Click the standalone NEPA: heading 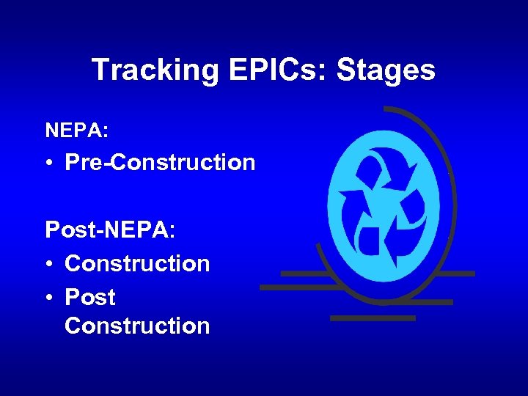point(77,131)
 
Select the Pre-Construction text point(160,162)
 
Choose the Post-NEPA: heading point(110,230)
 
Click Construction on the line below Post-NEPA point(137,263)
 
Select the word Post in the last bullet point(90,297)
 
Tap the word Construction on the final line point(137,326)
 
